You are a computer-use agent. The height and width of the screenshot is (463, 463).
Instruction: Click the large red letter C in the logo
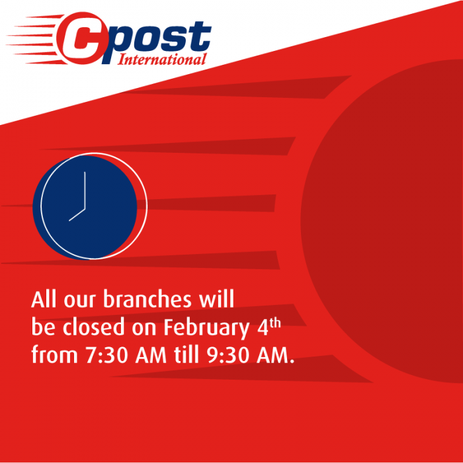pos(79,40)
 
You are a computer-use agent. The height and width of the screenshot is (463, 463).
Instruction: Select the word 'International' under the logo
pos(162,60)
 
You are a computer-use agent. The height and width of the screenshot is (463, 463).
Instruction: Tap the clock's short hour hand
pos(77,214)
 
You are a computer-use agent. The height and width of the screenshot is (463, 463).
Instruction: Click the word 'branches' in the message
pos(146,300)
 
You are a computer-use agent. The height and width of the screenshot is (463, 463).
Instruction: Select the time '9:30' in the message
pos(227,355)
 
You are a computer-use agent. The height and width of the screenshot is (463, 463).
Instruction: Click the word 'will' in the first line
pos(217,300)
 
